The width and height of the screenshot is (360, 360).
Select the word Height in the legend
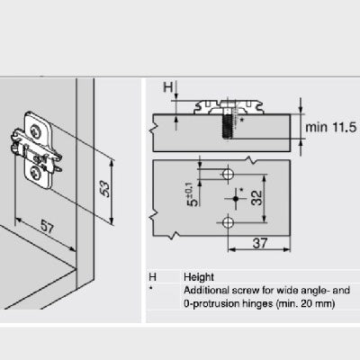pos(198,277)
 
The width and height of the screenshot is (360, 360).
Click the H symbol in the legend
pos(153,277)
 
